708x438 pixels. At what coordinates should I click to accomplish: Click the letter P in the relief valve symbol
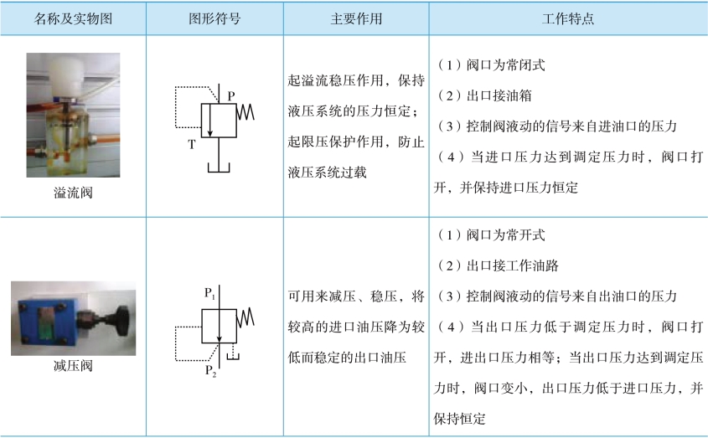(231, 97)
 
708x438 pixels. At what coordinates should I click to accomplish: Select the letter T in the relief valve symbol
(192, 144)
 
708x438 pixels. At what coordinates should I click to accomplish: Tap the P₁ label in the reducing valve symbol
(209, 294)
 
